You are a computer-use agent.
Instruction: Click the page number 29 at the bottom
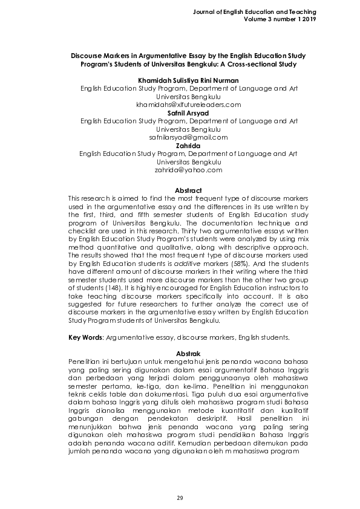click(x=180, y=498)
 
